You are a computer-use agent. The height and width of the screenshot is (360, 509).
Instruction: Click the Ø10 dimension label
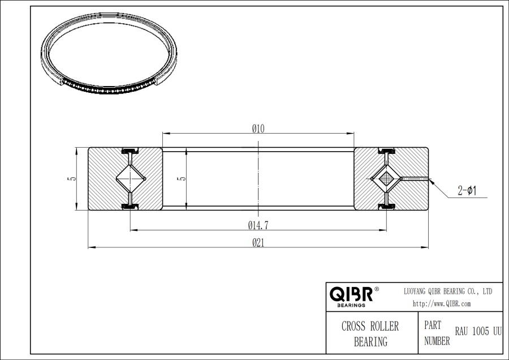[x=258, y=128]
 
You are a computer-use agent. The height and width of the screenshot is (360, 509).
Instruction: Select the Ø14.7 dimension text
[x=258, y=225]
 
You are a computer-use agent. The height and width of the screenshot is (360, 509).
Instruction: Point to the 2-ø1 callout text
[x=467, y=191]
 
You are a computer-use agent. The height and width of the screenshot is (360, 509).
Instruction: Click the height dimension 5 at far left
[x=70, y=179]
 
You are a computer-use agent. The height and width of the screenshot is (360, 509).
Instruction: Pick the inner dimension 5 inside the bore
[x=180, y=179]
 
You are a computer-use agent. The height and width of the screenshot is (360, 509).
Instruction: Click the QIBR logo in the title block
[x=351, y=294]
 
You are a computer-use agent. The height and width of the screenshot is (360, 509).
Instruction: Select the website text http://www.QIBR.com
[x=442, y=303]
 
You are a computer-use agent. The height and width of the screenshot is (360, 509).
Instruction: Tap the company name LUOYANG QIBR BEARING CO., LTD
[x=447, y=291]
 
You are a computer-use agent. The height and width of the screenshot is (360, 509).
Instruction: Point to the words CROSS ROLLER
[x=370, y=327]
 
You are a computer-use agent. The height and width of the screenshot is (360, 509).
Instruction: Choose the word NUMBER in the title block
[x=437, y=341]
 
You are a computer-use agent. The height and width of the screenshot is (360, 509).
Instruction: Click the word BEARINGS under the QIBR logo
[x=351, y=305]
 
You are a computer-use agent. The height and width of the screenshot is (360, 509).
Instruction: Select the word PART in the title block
[x=433, y=327]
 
